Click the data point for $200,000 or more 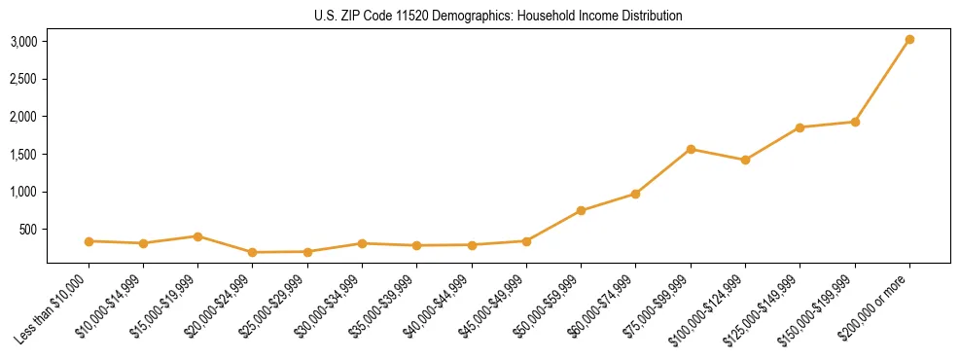pyautogui.click(x=909, y=40)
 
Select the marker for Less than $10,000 pyautogui.click(x=89, y=241)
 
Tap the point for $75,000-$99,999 pyautogui.click(x=691, y=149)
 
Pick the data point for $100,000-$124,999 pyautogui.click(x=745, y=160)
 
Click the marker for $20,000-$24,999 pyautogui.click(x=253, y=252)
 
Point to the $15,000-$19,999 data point pyautogui.click(x=197, y=236)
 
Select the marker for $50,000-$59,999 pyautogui.click(x=581, y=210)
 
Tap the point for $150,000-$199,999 pyautogui.click(x=855, y=122)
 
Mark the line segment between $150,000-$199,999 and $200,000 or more pyautogui.click(x=882, y=81)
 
